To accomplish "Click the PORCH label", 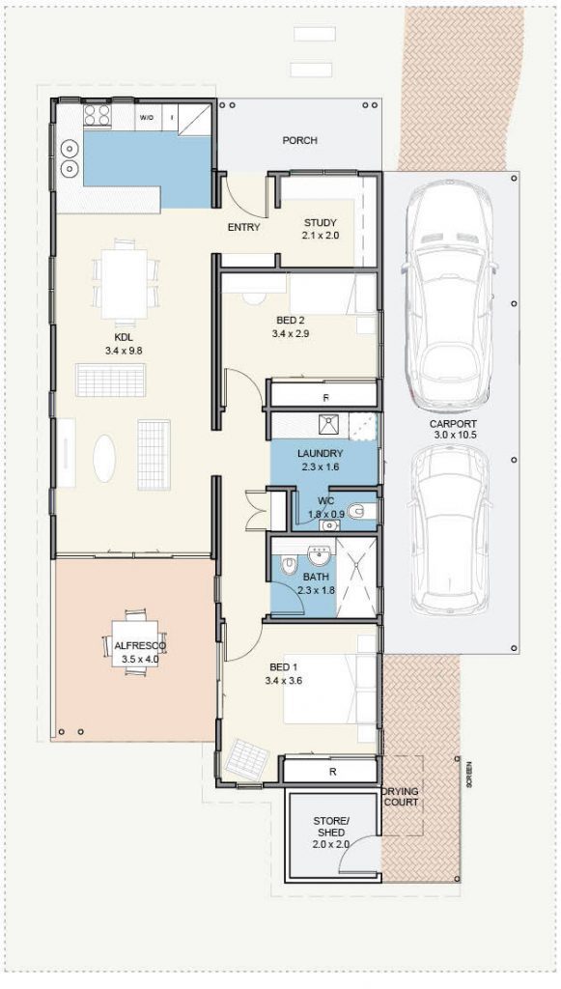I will point(299,141).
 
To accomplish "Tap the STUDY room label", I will point(321,222).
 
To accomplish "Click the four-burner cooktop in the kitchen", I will point(97,116).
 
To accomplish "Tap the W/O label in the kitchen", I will point(147,118).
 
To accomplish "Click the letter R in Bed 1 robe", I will point(332,772).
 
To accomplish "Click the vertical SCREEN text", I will point(470,775).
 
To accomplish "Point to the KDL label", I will point(124,337).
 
